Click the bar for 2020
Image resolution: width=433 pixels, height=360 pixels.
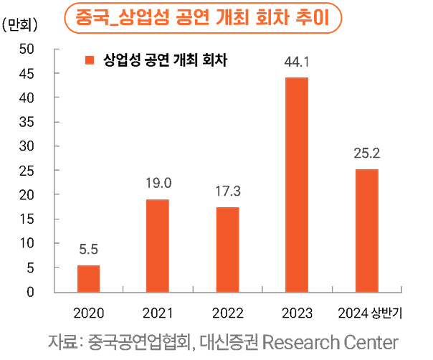88,278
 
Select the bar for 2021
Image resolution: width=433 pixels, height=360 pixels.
158,245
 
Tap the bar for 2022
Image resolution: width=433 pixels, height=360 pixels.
227,249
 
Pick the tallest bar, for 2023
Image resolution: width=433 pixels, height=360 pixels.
297,184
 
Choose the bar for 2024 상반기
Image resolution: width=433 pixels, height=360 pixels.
366,230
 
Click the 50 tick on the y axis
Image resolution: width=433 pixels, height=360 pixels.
27,49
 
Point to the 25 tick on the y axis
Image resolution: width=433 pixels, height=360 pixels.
27,171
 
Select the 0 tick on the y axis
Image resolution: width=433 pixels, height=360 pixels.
30,292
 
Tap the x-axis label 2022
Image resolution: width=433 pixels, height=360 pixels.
227,313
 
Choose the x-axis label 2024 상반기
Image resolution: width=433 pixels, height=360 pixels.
370,313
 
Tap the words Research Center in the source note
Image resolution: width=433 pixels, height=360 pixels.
330,341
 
